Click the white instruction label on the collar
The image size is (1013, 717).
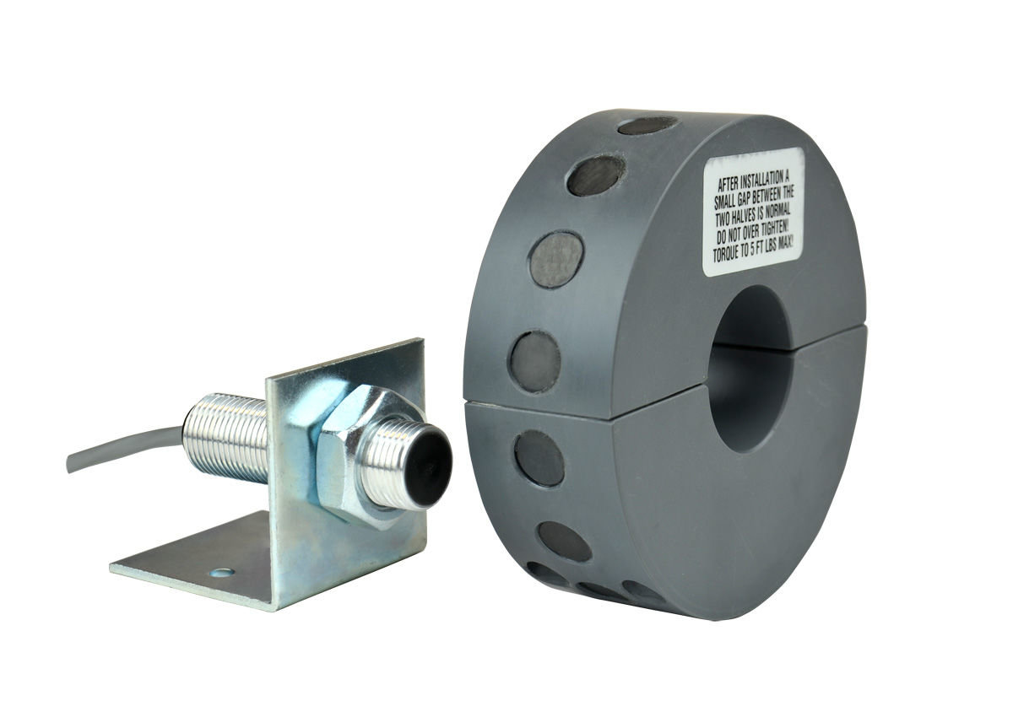click(751, 212)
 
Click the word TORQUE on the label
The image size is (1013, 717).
click(728, 256)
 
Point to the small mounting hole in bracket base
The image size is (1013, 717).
click(222, 573)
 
